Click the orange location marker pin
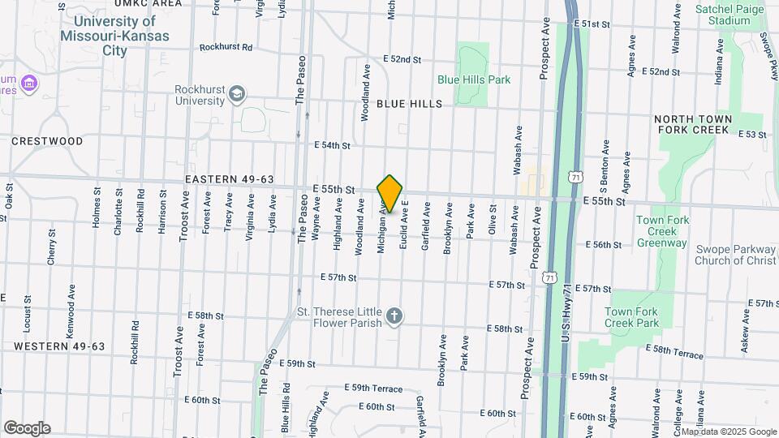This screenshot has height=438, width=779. point(389,194)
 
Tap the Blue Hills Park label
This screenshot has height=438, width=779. point(474,79)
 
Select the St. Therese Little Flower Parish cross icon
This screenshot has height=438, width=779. point(394,316)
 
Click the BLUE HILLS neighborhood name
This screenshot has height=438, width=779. point(410,104)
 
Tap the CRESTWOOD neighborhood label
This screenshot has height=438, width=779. point(47,141)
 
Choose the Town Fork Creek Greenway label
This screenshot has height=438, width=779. point(662,231)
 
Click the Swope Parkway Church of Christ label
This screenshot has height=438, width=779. point(735,255)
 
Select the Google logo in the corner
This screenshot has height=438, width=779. point(27,427)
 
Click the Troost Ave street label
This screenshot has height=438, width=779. point(178,352)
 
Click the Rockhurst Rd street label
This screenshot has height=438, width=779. point(226,47)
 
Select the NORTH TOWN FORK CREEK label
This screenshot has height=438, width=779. point(704,124)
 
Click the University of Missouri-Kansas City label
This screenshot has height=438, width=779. point(115,36)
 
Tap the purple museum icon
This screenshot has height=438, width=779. point(30,83)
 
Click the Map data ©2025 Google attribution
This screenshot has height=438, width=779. point(728,432)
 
